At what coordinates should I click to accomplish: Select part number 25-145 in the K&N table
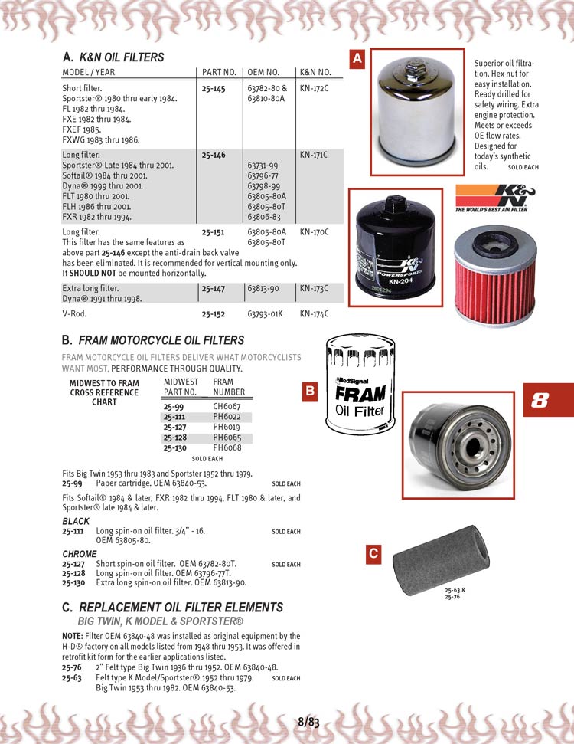click(214, 89)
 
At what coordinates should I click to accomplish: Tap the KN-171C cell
click(314, 155)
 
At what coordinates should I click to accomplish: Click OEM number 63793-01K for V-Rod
click(266, 314)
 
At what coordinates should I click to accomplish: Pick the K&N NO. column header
click(313, 71)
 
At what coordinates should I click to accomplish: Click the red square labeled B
click(311, 392)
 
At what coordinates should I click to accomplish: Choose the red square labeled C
click(373, 553)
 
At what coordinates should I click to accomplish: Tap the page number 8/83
click(308, 721)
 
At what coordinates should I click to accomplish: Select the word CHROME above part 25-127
click(80, 554)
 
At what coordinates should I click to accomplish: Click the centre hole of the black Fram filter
click(468, 444)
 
